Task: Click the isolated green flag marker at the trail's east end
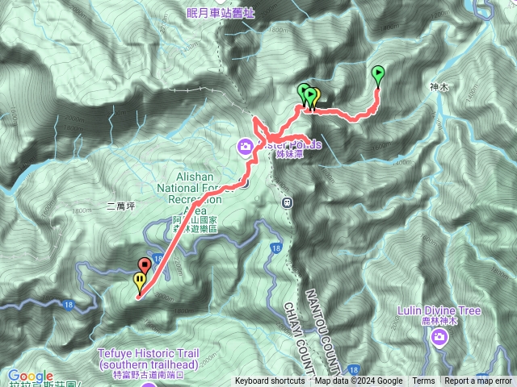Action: [x=378, y=75]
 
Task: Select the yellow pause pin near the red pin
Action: [x=139, y=281]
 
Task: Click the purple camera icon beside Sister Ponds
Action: [x=245, y=146]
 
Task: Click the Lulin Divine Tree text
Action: [x=439, y=310]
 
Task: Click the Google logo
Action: [x=31, y=376]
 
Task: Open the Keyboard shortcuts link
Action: [x=270, y=381]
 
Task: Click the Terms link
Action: [x=423, y=381]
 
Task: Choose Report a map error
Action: [x=478, y=381]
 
